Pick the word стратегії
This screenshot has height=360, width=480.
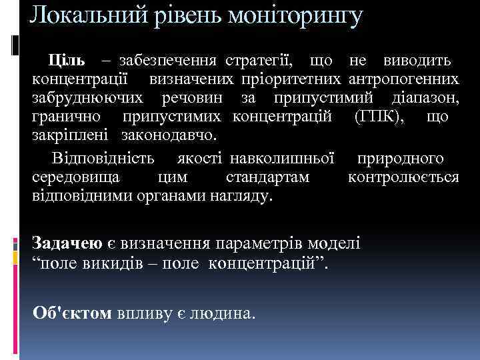tap(259, 61)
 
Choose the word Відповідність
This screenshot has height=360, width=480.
tap(103, 159)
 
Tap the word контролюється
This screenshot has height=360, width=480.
tap(403, 178)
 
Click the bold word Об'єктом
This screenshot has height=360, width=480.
tap(73, 313)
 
